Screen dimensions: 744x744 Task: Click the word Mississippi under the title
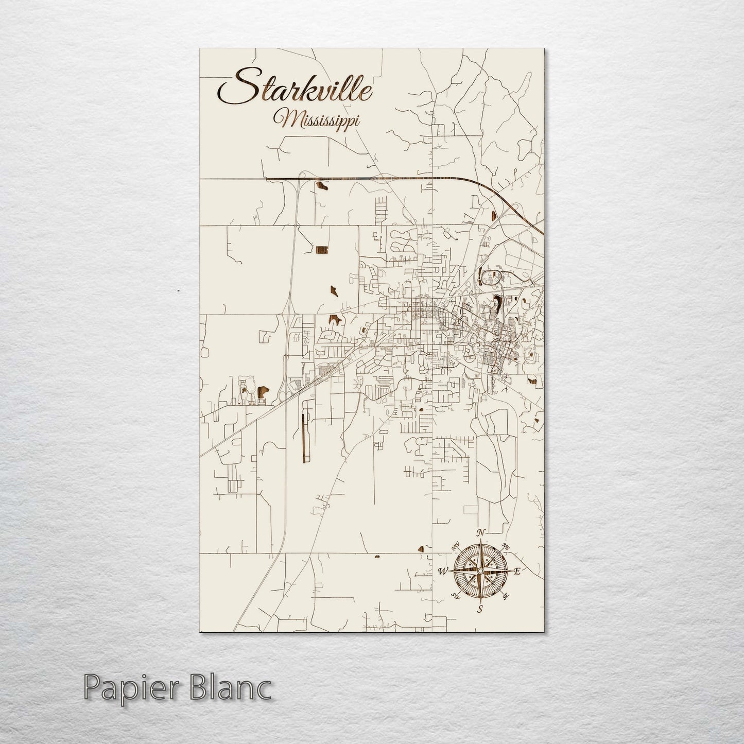317,120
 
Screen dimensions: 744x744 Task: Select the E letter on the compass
518,571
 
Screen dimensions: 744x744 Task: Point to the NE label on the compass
506,546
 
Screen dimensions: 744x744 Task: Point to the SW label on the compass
455,596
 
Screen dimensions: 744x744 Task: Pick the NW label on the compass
455,546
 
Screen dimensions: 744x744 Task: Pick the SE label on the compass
506,596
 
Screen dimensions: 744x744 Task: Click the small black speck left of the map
178,291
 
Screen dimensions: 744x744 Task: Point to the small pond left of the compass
424,549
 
